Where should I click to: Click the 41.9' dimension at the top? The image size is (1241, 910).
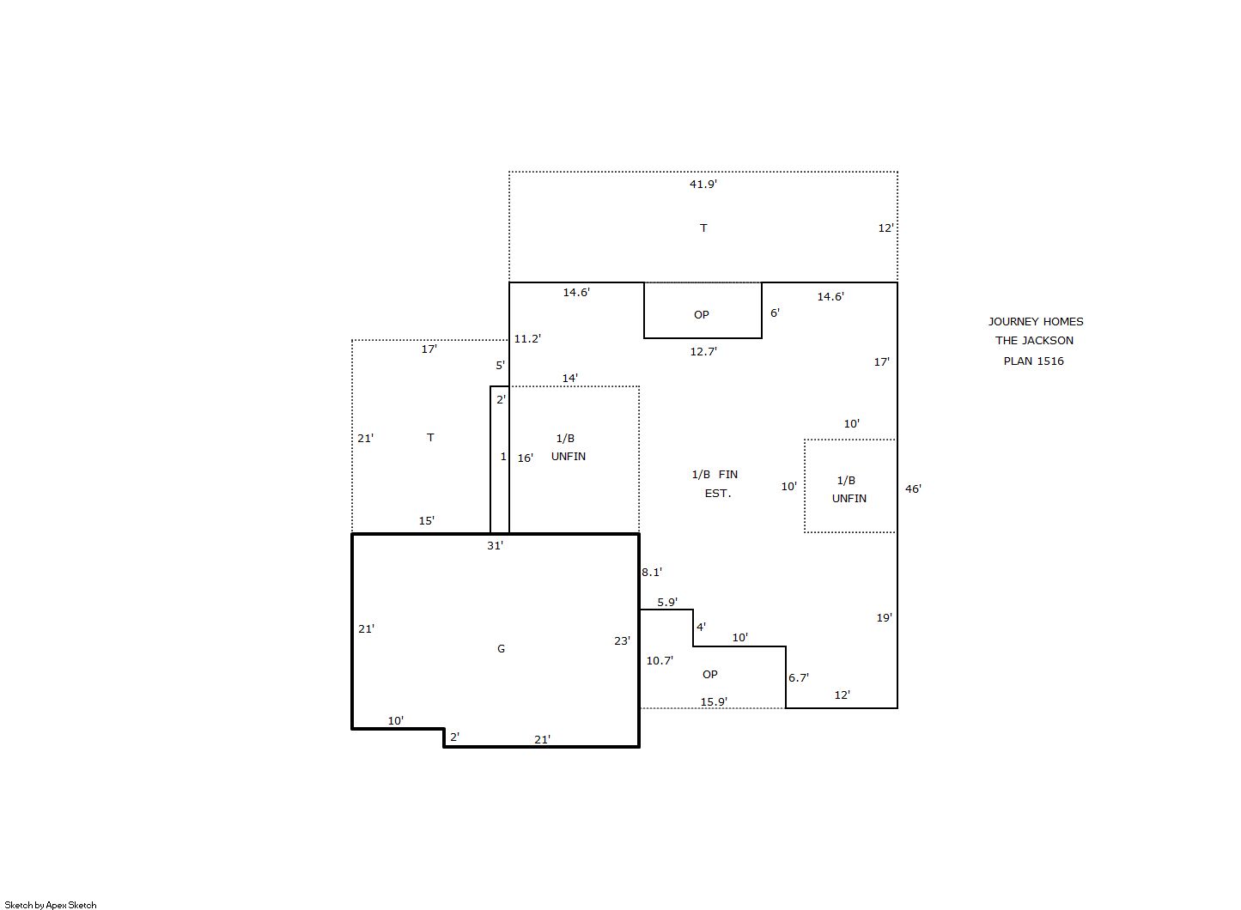(703, 184)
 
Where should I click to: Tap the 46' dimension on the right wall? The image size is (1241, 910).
(913, 488)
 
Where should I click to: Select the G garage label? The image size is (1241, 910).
(501, 648)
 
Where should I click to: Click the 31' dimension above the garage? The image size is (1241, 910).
(495, 545)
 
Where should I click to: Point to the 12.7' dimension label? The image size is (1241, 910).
(703, 351)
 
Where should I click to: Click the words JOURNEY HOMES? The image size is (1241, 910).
(1036, 321)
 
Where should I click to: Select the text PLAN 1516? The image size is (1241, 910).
(1034, 361)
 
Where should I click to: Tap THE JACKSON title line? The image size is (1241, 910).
(1034, 341)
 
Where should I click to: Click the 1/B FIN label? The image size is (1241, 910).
(715, 475)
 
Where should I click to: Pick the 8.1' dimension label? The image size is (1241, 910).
(652, 572)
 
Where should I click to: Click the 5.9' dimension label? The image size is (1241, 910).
(667, 602)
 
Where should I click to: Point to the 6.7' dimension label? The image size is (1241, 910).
(799, 677)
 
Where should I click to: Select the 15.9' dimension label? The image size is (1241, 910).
(714, 701)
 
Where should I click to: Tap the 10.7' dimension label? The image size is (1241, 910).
(660, 660)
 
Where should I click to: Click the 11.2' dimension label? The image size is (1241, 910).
(526, 338)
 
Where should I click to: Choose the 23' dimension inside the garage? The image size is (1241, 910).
(622, 640)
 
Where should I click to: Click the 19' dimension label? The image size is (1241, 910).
(885, 617)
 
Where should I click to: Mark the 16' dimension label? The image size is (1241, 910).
(526, 458)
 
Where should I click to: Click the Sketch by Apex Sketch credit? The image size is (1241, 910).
(51, 905)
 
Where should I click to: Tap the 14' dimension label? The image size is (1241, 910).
(569, 379)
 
